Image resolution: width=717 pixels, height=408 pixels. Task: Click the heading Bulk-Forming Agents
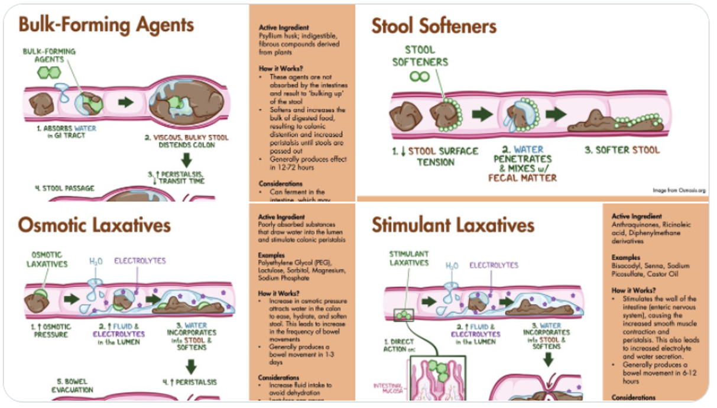pos(106,25)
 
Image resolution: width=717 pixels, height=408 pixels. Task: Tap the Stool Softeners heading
pos(434,26)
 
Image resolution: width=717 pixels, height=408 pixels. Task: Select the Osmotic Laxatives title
pos(95,225)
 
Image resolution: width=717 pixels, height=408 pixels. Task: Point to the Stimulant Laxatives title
pos(453,225)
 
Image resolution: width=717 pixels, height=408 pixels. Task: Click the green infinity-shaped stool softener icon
pos(420,76)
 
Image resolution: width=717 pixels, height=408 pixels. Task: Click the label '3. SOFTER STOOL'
pos(622,150)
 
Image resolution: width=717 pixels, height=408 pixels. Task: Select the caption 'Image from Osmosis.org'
pos(679,190)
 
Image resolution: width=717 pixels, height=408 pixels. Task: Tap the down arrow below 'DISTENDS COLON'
pos(187,160)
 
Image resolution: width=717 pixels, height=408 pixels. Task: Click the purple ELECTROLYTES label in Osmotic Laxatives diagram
pos(139,260)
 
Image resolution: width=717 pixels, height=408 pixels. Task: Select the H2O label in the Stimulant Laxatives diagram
pos(452,265)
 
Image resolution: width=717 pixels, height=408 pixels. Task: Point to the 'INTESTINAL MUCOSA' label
pos(388,388)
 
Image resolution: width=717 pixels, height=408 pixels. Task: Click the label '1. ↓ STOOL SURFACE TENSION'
pos(435,156)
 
